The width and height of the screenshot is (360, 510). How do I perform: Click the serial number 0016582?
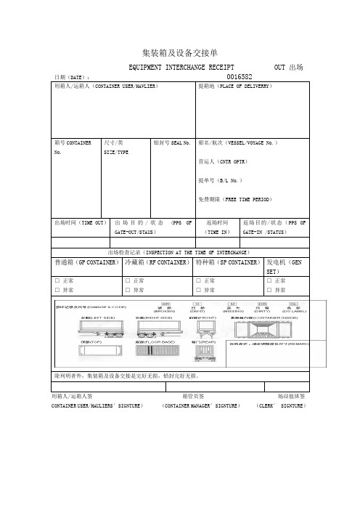(240, 76)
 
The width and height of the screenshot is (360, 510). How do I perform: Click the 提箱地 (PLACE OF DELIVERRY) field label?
(234, 86)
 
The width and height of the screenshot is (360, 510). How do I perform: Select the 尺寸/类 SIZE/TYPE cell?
(116, 147)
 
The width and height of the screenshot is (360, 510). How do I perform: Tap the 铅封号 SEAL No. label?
(172, 143)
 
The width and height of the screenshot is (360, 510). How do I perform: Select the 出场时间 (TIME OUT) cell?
(81, 222)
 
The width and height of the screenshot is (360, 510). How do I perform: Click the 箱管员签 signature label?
(192, 396)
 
